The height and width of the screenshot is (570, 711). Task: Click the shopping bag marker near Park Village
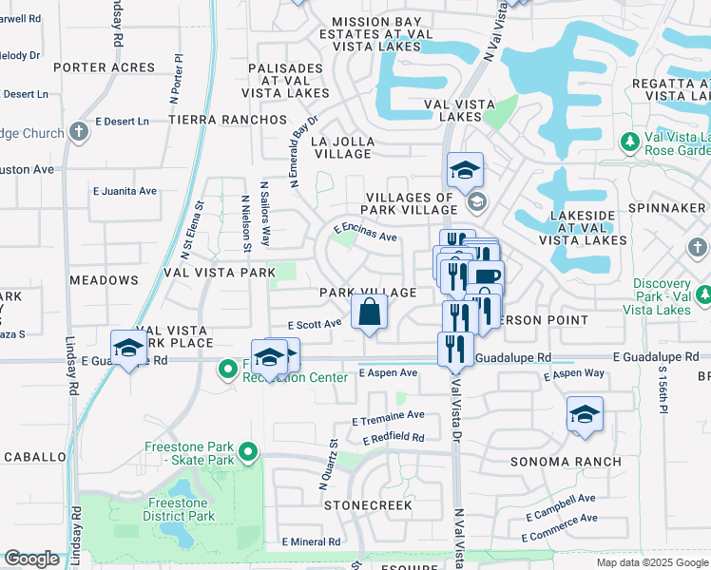[x=370, y=312]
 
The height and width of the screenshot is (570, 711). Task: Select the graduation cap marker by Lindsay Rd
[x=128, y=349]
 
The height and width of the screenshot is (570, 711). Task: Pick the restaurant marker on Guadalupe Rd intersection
[x=456, y=349]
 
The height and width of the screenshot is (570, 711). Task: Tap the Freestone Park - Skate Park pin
[x=248, y=453]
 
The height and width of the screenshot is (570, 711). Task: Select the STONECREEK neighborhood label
[x=368, y=505]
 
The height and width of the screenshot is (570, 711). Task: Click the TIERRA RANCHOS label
[x=227, y=120]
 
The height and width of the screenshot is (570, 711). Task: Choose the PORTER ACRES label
[x=104, y=67]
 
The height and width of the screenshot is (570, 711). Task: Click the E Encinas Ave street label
[x=365, y=230]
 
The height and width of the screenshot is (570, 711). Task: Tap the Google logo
[x=31, y=559]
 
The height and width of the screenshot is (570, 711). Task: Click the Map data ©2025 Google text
[x=652, y=562]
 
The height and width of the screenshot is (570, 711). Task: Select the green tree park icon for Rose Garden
[x=628, y=142]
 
